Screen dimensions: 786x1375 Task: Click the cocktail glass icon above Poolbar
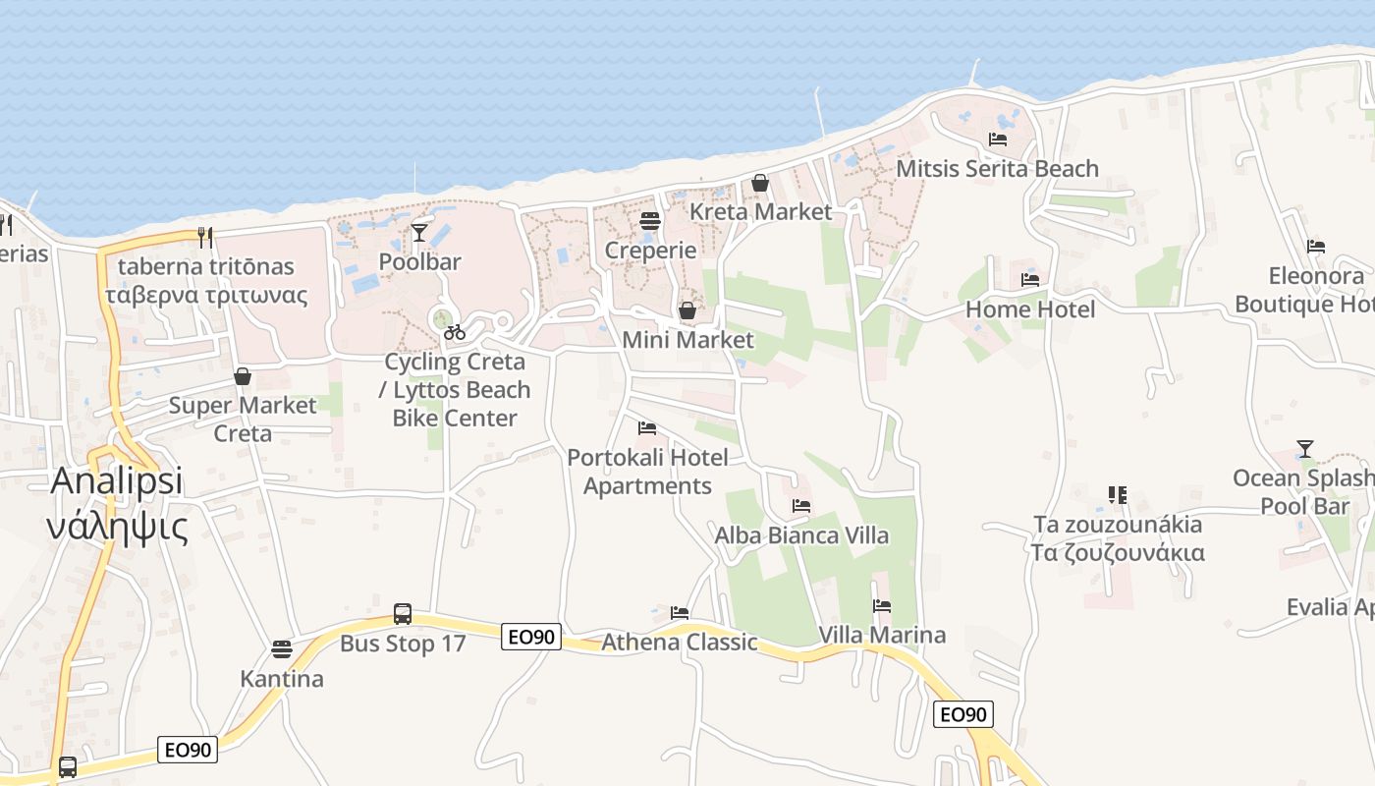tap(419, 232)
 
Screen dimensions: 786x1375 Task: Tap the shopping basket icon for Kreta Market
tap(759, 183)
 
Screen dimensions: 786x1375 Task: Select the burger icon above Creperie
tap(649, 221)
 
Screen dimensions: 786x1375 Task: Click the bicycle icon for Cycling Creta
tap(454, 333)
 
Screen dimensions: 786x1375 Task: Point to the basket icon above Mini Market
tap(687, 310)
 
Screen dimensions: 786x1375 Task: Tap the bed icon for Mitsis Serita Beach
tap(998, 140)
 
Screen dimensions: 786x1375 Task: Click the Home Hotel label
tap(1029, 309)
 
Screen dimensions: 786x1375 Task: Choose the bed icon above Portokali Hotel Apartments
tap(647, 428)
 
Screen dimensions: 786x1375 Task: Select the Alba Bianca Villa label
tap(801, 535)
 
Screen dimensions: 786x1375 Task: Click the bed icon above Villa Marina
tap(882, 606)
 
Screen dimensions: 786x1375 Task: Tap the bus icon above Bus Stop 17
tap(402, 614)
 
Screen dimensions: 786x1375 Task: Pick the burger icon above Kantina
tap(282, 648)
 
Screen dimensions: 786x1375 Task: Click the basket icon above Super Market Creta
tap(243, 376)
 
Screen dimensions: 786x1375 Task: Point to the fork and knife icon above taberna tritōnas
tap(205, 237)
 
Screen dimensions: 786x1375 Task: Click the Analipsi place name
tap(116, 481)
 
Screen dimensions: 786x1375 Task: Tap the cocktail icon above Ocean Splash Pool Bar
tap(1304, 449)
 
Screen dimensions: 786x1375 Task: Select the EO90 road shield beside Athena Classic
tap(531, 637)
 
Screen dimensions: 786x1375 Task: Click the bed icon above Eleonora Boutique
tap(1316, 247)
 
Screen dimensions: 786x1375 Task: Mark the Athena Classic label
tap(680, 643)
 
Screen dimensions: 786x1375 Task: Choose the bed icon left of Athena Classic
tap(679, 613)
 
